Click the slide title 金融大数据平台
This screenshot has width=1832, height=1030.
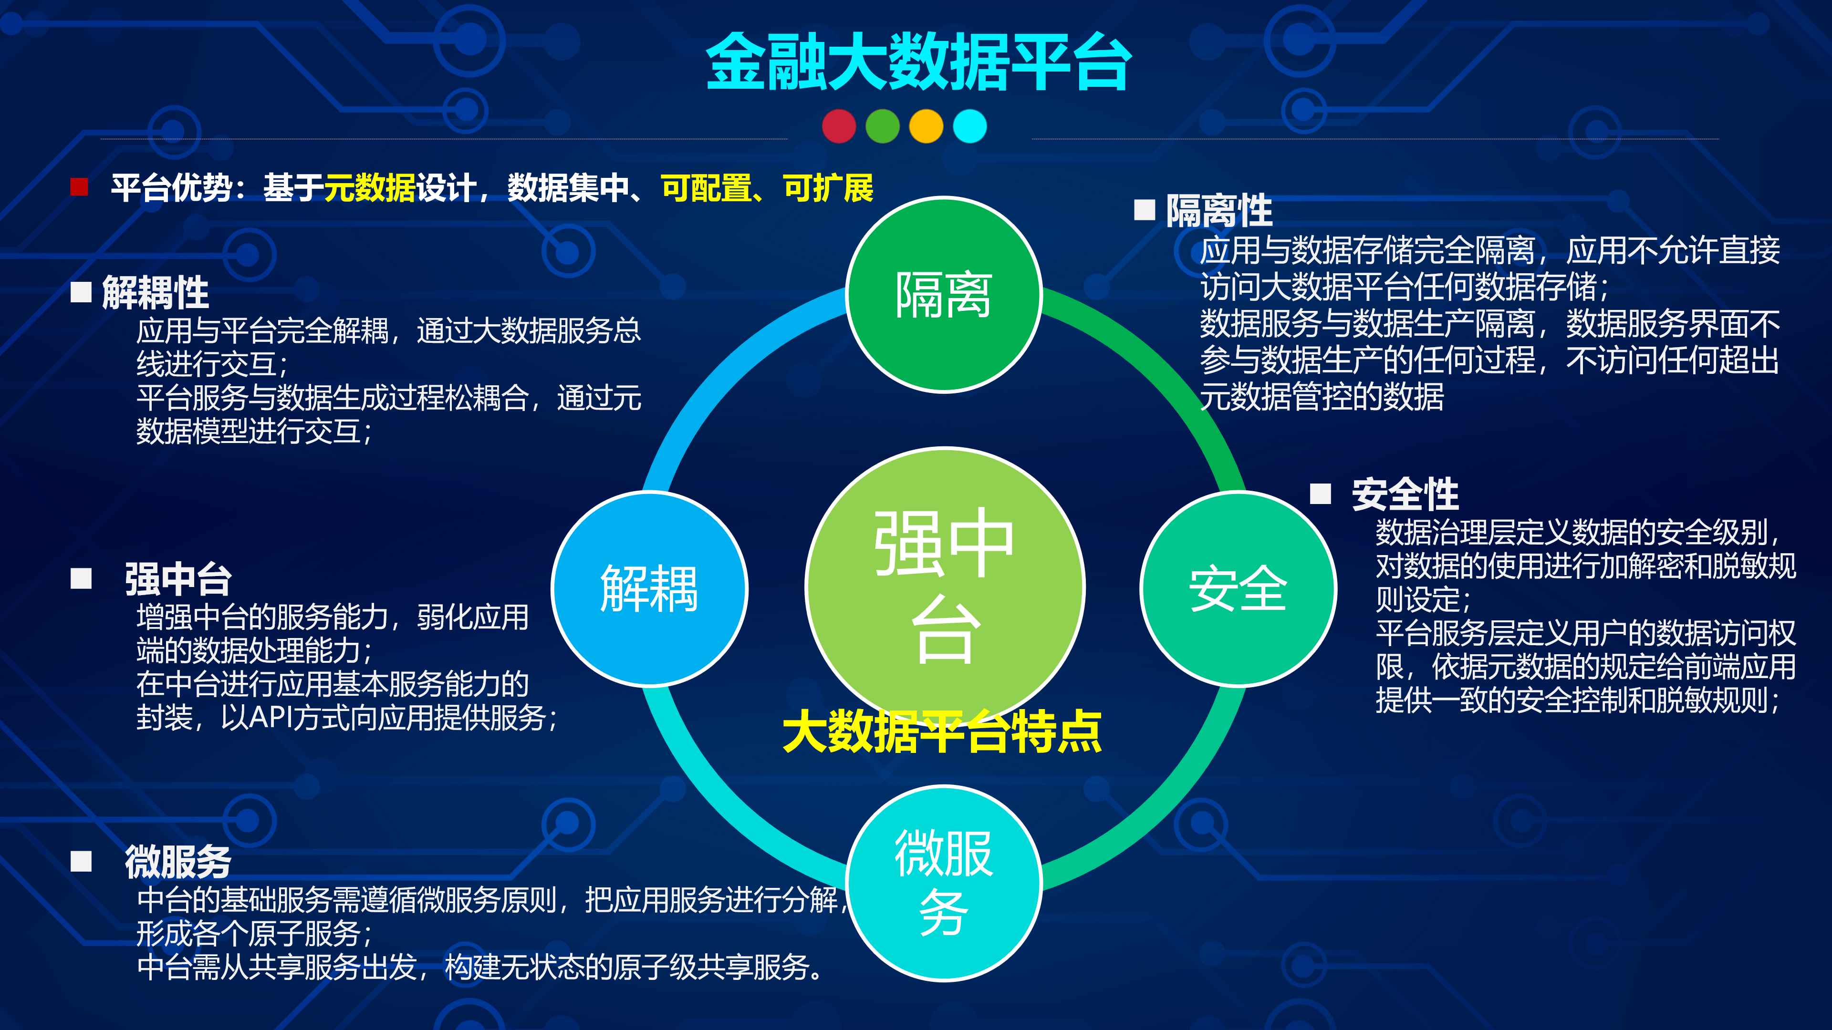(x=917, y=62)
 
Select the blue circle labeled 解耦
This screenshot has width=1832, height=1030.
(x=649, y=588)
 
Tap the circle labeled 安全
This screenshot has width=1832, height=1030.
(x=1238, y=588)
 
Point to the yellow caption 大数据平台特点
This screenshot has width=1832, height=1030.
(x=942, y=732)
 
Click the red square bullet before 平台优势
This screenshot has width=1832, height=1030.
(x=79, y=187)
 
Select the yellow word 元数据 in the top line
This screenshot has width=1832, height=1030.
(x=369, y=188)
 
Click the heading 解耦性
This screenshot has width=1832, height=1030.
(x=155, y=292)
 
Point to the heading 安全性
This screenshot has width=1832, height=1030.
(x=1405, y=494)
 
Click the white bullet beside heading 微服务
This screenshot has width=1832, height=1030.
(x=81, y=862)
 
